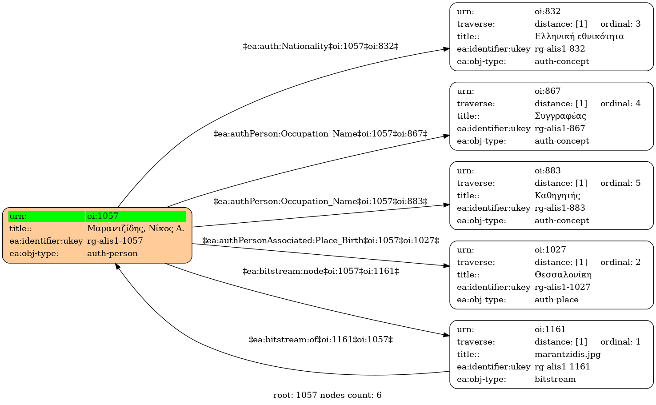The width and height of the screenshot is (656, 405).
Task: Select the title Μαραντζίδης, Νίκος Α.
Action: point(136,229)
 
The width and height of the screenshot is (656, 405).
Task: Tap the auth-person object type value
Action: point(112,253)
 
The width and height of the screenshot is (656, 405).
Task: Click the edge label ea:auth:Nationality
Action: point(321,46)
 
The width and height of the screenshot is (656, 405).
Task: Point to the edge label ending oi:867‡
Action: point(321,134)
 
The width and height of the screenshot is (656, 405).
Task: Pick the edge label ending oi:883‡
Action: point(321,201)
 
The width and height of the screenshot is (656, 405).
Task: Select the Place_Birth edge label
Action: point(321,241)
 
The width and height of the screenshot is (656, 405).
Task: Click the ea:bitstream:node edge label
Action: point(321,271)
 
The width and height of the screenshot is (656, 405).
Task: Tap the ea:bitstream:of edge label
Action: point(321,340)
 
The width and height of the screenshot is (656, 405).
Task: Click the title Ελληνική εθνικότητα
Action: point(579,36)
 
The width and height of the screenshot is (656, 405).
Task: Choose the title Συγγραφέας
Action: point(560,116)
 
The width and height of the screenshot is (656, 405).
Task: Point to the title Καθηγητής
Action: point(557,195)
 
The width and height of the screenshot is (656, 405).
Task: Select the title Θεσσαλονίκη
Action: point(563,275)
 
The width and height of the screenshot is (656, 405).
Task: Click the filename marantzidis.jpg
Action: point(568,354)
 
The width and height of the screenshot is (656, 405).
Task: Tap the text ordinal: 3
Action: point(620,24)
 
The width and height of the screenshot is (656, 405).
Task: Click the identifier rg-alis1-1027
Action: point(563,287)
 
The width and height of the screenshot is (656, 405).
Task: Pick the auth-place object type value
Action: point(557,300)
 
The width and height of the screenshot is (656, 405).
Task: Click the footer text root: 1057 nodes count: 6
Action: point(328,395)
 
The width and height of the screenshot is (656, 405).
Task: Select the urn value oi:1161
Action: point(550,329)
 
